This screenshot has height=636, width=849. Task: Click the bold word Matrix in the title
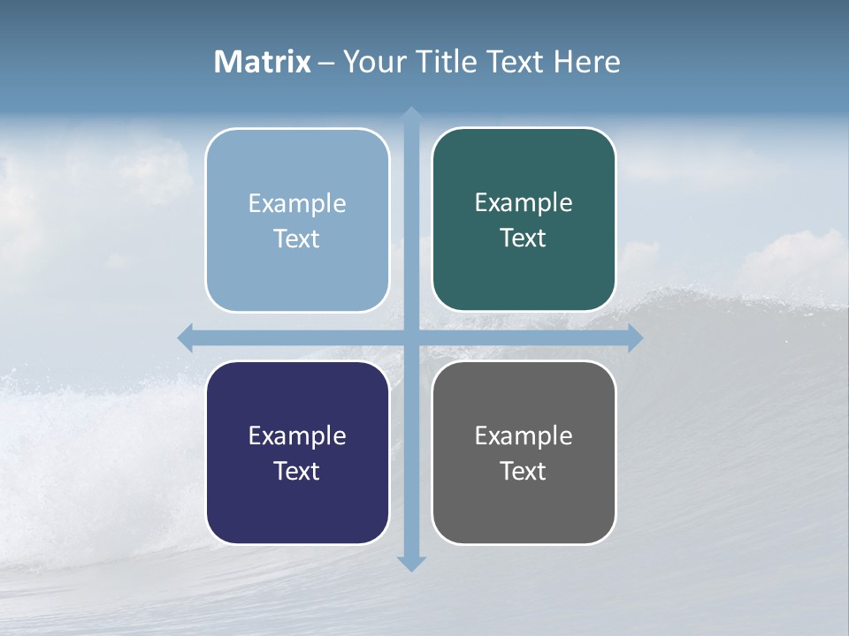click(263, 62)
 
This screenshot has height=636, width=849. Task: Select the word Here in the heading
click(586, 62)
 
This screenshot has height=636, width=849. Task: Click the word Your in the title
click(375, 62)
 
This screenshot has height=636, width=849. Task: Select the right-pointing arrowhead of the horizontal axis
click(635, 338)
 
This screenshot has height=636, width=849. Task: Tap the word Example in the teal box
click(524, 203)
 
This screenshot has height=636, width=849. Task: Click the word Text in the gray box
click(524, 471)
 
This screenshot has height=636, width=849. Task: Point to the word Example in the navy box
click(297, 435)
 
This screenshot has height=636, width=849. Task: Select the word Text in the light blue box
click(297, 238)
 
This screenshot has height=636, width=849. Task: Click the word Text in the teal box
click(524, 238)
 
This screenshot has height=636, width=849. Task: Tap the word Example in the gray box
click(524, 435)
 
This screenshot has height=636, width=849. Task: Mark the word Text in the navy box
click(297, 471)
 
